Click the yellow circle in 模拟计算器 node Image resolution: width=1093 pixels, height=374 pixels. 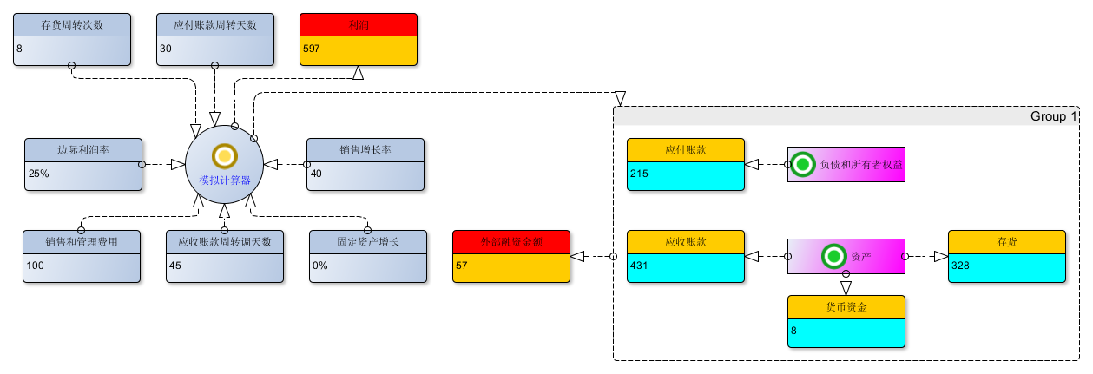(x=224, y=156)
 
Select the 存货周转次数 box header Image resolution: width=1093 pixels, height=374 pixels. (x=72, y=24)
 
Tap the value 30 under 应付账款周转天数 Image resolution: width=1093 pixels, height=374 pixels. (x=165, y=49)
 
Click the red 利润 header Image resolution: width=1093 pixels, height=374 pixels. (x=359, y=24)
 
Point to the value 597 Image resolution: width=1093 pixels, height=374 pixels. (x=312, y=49)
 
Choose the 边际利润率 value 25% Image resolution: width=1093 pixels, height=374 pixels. (x=39, y=174)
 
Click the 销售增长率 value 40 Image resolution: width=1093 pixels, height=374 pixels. (x=317, y=174)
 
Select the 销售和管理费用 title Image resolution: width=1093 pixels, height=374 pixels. (x=82, y=241)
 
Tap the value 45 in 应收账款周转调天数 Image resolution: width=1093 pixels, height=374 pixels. (x=176, y=266)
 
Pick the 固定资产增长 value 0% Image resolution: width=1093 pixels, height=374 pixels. (x=320, y=266)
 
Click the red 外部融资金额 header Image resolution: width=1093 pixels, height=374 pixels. (x=511, y=241)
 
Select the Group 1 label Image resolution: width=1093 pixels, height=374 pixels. (x=1052, y=116)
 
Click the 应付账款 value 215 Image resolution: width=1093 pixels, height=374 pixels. (x=640, y=174)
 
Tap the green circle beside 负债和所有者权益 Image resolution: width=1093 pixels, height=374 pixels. (x=803, y=163)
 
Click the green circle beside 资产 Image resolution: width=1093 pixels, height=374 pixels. (x=833, y=256)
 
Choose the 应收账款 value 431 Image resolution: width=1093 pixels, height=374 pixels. (x=640, y=266)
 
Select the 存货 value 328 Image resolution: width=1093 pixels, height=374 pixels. (x=960, y=266)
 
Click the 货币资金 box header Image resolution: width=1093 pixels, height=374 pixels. (x=846, y=307)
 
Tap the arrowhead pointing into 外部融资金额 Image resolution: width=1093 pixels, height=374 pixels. (x=577, y=256)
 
